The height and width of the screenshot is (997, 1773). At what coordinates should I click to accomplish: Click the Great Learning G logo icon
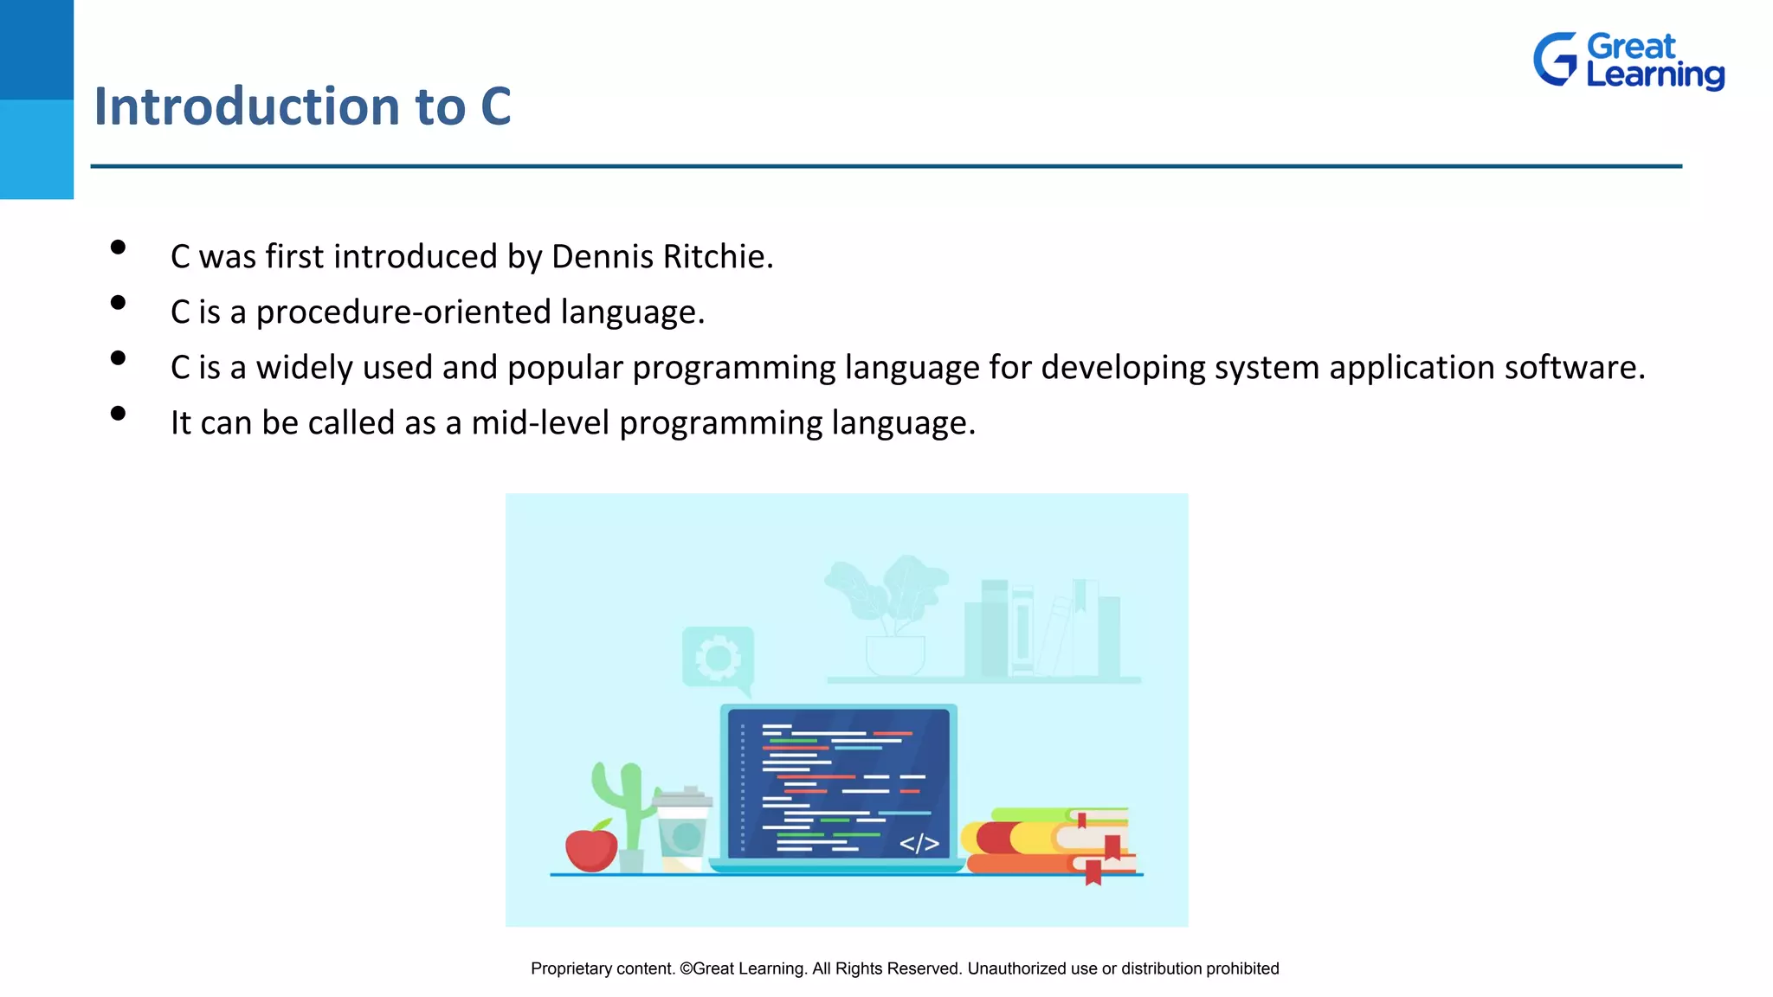point(1556,59)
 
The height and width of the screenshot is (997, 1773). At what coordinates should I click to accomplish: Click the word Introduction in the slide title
point(248,106)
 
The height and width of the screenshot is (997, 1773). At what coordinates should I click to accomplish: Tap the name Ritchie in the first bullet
point(718,257)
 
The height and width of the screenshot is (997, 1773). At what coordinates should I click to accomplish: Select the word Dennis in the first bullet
point(603,257)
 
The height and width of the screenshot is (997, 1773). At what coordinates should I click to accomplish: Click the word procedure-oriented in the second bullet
point(403,312)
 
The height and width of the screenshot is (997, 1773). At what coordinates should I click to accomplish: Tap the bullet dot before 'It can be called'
point(119,414)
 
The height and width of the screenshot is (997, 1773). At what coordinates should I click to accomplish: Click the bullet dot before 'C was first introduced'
point(119,248)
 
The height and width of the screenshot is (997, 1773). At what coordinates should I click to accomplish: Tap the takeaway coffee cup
point(683,829)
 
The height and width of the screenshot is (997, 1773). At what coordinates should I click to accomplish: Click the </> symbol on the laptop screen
point(919,843)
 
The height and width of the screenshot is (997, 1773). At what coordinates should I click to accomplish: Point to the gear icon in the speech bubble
point(718,658)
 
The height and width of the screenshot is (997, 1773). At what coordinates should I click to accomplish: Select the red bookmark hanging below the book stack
point(1093,872)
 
